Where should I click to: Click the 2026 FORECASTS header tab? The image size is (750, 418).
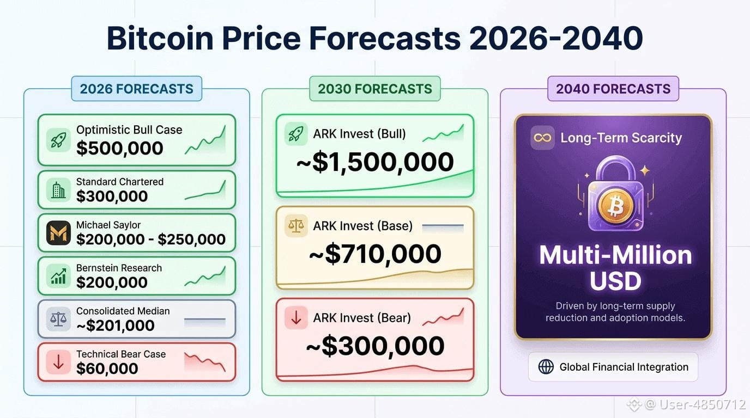tap(137, 89)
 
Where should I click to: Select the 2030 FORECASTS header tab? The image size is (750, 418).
tap(374, 89)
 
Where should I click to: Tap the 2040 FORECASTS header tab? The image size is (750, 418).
tap(613, 89)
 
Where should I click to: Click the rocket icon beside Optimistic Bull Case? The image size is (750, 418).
tap(58, 140)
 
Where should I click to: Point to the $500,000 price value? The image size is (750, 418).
tap(120, 148)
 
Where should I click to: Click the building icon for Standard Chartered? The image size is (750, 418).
tap(58, 190)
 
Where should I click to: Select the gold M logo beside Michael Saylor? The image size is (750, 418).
tap(58, 233)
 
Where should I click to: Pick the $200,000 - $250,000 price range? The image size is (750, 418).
tap(151, 239)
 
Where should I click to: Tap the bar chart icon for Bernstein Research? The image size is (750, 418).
tap(58, 276)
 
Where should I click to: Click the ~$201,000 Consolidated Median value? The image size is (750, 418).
tap(116, 325)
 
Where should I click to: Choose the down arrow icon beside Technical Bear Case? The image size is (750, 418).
tap(58, 362)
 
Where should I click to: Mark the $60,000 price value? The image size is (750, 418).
tap(107, 368)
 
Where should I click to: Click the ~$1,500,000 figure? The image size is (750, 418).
tap(375, 162)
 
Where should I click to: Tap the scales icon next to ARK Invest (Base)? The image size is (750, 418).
tap(296, 226)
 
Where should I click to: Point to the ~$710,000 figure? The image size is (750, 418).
tap(375, 254)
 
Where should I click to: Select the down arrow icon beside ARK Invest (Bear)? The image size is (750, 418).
tap(296, 318)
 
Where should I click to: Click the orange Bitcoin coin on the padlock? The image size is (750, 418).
tap(615, 205)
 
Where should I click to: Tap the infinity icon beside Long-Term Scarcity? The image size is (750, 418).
tap(542, 138)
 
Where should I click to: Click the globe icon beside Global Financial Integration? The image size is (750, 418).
tap(546, 367)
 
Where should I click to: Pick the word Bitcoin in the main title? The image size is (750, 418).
tap(160, 38)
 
